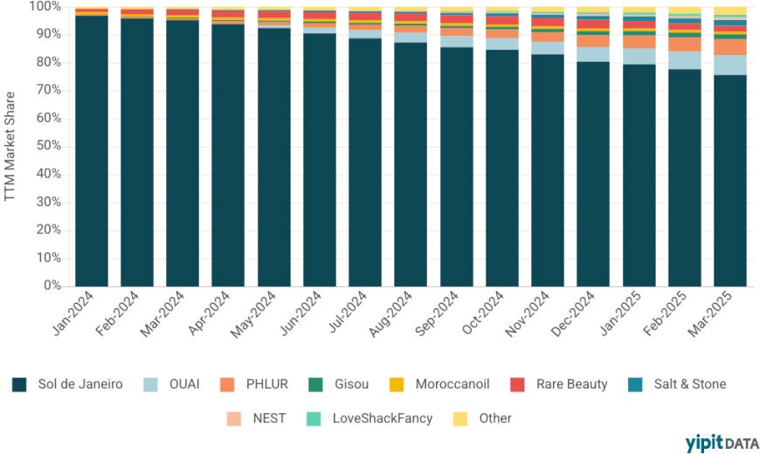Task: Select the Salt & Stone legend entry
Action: point(678,384)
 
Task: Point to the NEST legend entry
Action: point(259,418)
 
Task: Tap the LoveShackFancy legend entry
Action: point(371,418)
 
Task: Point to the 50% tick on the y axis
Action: point(50,146)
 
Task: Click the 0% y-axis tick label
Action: point(52,285)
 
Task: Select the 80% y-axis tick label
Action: point(50,62)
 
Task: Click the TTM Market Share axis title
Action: point(11,146)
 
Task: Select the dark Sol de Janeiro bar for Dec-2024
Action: point(593,175)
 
